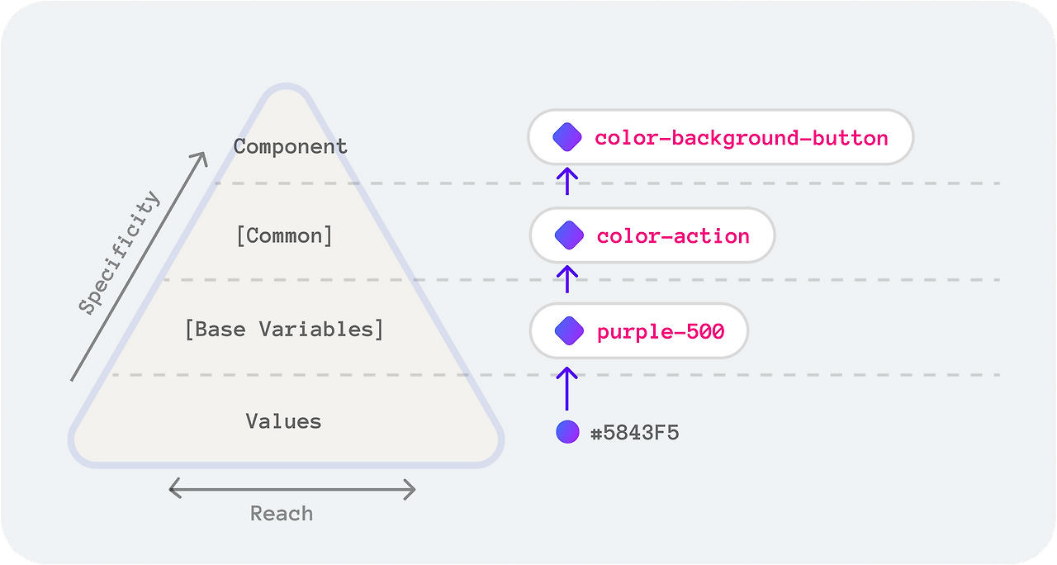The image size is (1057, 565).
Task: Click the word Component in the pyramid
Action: coord(290,146)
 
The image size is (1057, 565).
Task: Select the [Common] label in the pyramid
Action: coord(285,235)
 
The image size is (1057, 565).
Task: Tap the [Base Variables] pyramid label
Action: coord(284,329)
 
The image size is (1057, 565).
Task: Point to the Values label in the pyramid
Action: coord(283,421)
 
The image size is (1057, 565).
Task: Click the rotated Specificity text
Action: coord(120,253)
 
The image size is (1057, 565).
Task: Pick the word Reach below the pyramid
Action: coord(282,514)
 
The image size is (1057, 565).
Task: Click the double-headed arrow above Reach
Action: coord(292,489)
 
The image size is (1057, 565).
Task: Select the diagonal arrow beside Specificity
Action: coord(139,266)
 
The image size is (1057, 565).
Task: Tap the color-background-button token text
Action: coord(742,138)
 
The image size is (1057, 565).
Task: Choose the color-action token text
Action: coord(673,236)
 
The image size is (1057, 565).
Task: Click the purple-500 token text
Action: coord(661,331)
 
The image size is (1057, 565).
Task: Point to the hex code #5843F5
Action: coord(635,432)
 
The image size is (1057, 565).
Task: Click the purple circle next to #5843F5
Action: coord(567,432)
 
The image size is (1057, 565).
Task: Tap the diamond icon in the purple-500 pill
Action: coord(569,331)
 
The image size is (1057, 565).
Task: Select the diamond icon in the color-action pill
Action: coord(569,235)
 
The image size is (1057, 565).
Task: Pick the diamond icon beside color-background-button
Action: coord(567,137)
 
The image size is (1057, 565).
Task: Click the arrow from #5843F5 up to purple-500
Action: coord(566,388)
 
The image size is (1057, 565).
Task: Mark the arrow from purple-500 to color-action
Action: coord(566,279)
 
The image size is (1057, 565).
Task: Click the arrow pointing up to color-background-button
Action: coord(566,181)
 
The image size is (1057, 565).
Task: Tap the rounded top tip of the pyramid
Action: coord(287,85)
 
